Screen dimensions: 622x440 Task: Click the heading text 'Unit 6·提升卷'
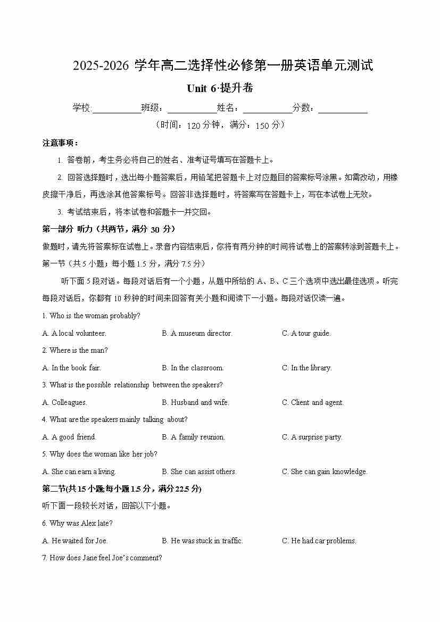[220, 88]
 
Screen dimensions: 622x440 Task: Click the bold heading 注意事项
[61, 143]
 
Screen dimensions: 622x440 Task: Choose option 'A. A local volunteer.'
[74, 333]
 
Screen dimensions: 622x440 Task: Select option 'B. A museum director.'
[197, 333]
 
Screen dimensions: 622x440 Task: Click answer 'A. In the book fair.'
[71, 368]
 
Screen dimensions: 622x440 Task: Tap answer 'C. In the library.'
[306, 368]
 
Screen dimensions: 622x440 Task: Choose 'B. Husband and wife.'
[195, 402]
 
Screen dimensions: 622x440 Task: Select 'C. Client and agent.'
[312, 402]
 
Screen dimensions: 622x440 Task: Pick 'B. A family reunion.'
[193, 437]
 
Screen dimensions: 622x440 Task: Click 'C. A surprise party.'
[312, 437]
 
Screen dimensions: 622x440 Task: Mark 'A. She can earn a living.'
[79, 471]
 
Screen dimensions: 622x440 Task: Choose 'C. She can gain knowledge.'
[325, 471]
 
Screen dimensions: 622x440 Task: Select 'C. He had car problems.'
[319, 541]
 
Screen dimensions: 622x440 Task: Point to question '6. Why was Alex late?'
[77, 523]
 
